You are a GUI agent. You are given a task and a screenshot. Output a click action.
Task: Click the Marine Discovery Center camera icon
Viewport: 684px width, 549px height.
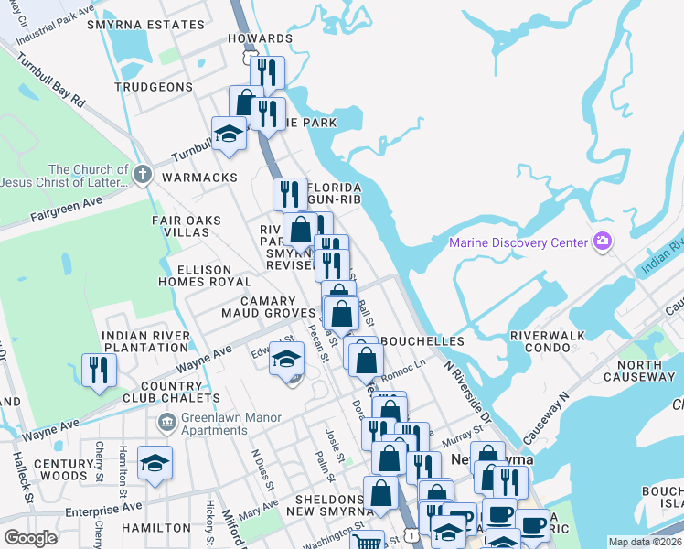point(602,242)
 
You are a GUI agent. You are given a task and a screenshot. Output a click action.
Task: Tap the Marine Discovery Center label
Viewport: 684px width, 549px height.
point(518,242)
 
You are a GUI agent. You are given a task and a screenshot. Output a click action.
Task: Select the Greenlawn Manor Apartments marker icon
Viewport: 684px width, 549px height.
point(166,422)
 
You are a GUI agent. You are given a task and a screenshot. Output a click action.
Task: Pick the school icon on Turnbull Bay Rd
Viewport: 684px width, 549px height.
point(229,134)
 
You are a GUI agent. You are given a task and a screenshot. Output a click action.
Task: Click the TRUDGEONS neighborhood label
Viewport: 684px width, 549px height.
point(154,87)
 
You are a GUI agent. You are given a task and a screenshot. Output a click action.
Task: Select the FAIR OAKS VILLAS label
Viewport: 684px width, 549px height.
point(181,226)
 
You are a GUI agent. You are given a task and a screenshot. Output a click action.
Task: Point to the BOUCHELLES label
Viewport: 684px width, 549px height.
point(422,341)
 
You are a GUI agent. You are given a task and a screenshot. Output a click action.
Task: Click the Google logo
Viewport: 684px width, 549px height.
point(30,538)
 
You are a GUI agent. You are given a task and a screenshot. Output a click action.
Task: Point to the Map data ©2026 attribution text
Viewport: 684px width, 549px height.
point(644,542)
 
